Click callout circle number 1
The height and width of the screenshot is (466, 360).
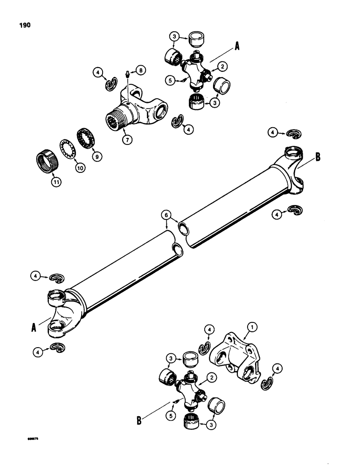251,329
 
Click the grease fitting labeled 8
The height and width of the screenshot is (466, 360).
128,73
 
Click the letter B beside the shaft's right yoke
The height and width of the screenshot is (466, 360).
318,157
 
